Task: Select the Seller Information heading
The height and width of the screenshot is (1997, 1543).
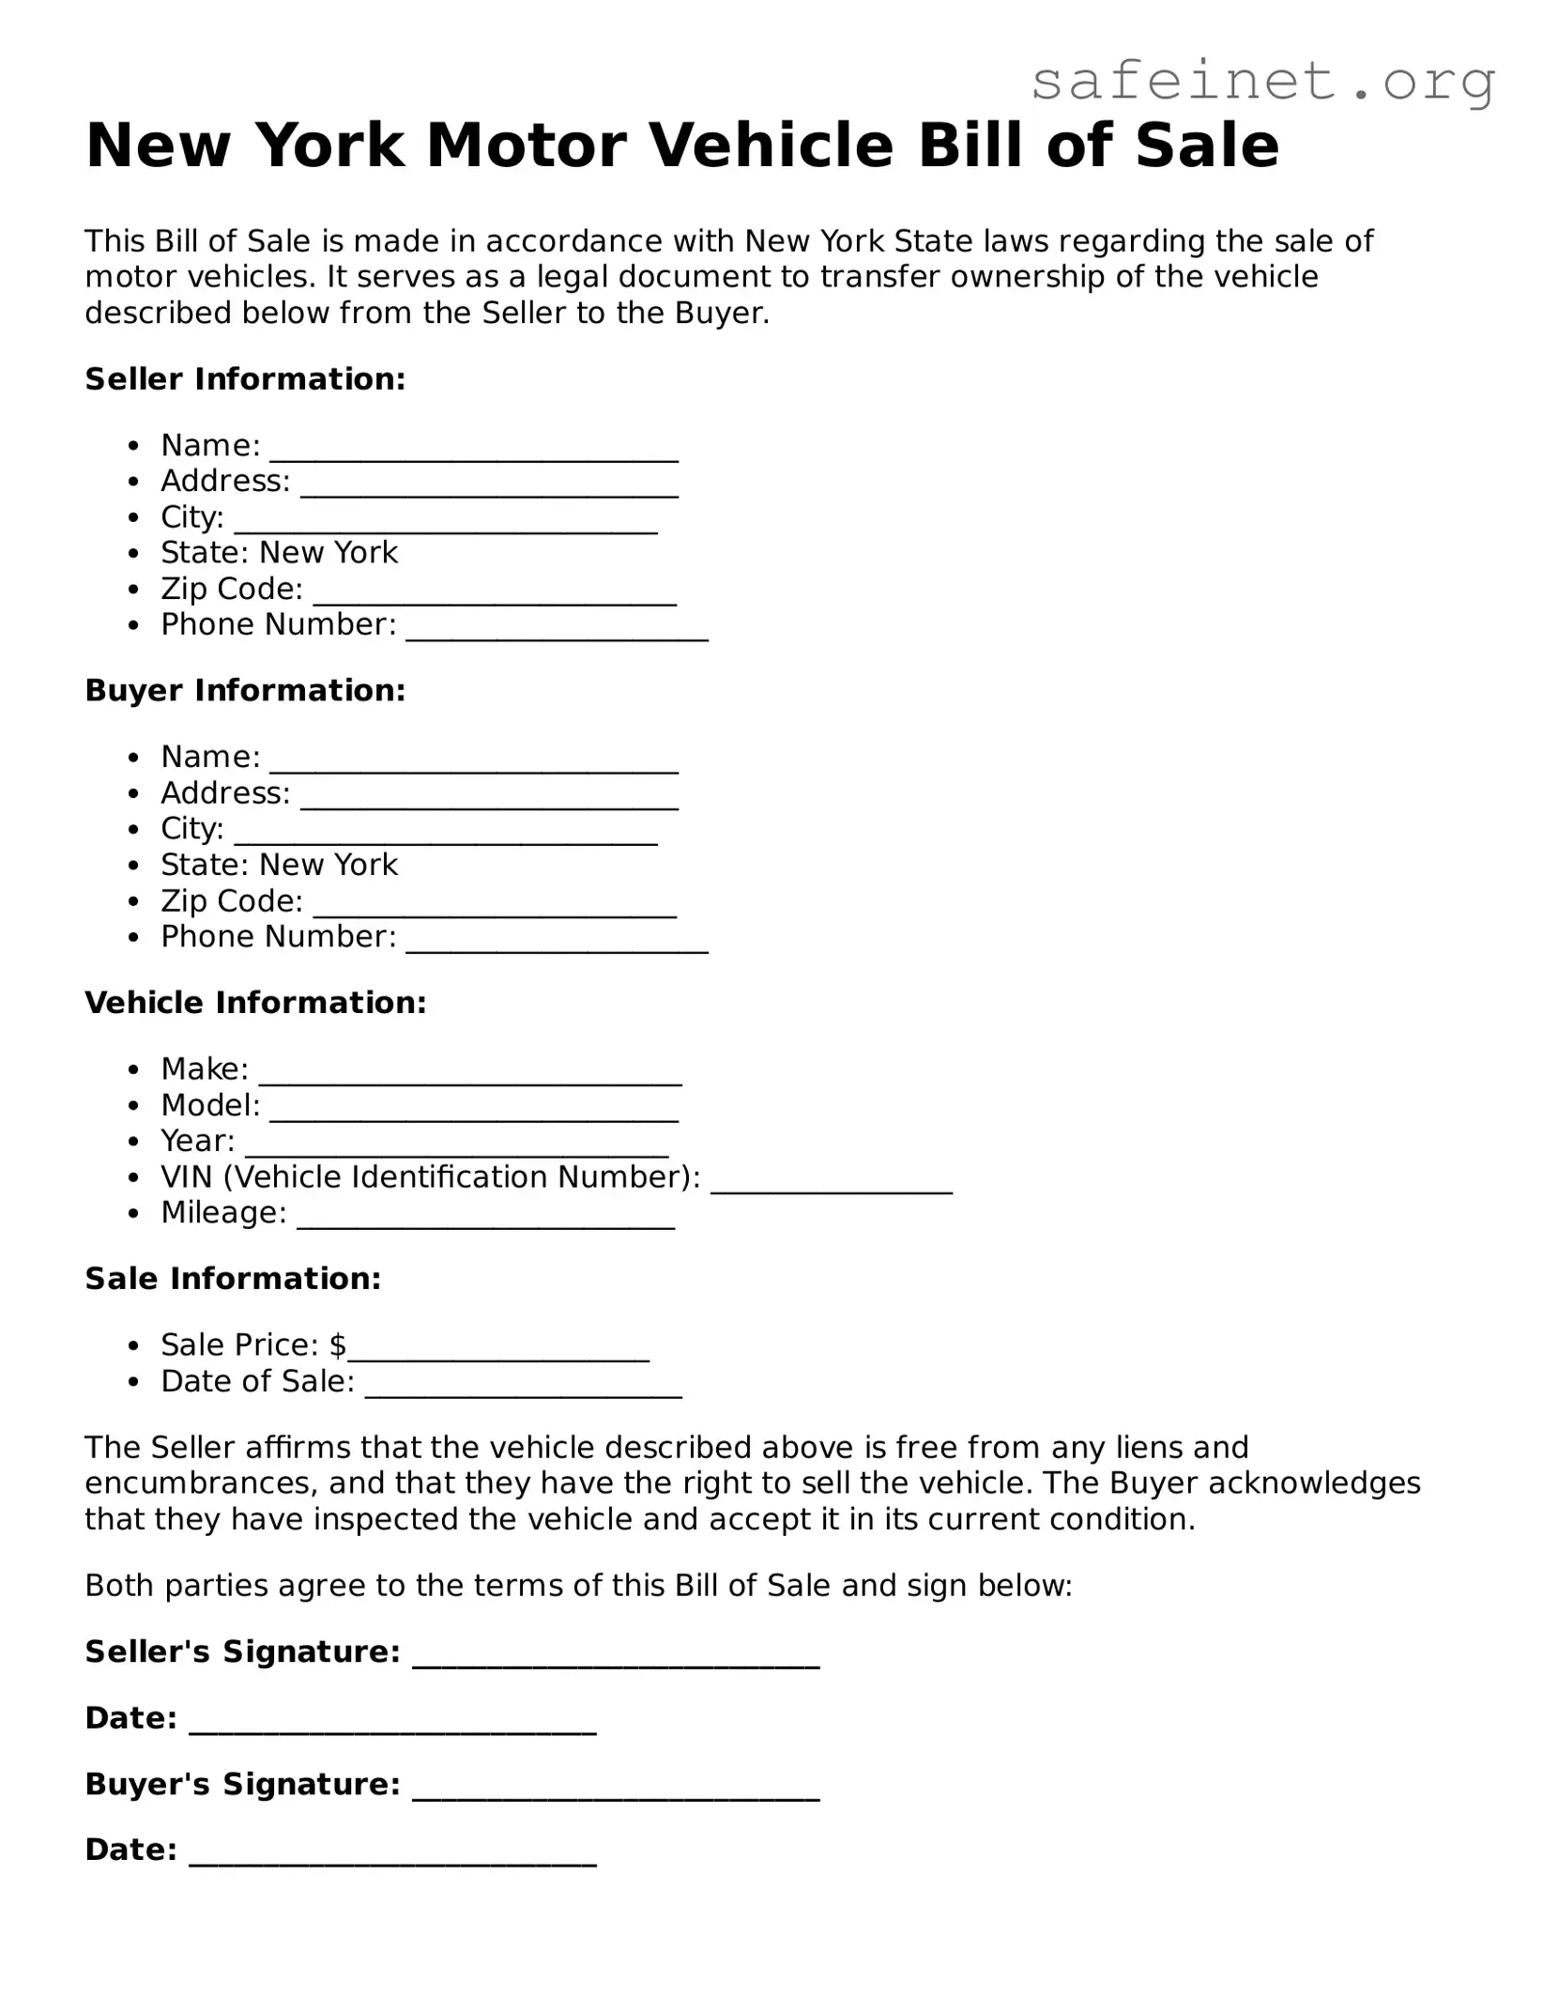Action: pos(245,379)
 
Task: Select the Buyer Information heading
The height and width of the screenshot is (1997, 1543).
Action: pos(245,691)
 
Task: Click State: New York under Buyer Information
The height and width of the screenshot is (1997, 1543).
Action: pos(279,865)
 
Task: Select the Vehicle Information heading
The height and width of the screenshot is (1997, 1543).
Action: pos(255,1003)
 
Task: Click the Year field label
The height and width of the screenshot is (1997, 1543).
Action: pos(197,1141)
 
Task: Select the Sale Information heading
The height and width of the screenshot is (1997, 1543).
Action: pos(233,1279)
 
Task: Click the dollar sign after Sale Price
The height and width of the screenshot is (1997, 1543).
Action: pos(338,1345)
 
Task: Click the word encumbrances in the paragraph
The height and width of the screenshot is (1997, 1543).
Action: pos(202,1483)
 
